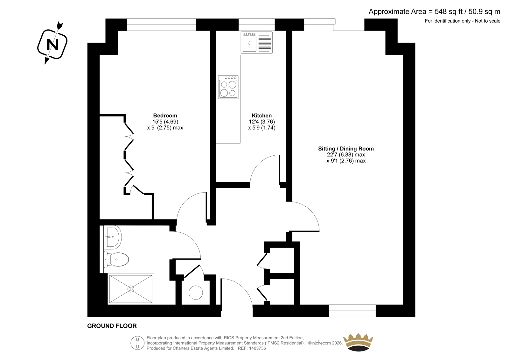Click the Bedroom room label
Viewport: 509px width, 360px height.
click(x=165, y=116)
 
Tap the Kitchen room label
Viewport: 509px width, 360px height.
click(x=262, y=116)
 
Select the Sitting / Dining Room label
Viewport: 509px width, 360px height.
click(x=346, y=149)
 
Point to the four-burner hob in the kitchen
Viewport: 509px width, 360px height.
click(x=228, y=87)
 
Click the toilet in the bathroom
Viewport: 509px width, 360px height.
click(x=116, y=259)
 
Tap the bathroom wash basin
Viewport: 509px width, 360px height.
click(x=113, y=237)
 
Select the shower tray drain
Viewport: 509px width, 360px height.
click(x=131, y=289)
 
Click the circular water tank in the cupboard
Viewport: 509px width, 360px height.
click(x=196, y=293)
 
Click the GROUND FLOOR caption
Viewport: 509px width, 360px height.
click(x=112, y=326)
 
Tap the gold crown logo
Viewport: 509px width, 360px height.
click(x=358, y=342)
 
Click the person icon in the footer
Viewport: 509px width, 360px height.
click(x=137, y=343)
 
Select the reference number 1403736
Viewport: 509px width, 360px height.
click(x=257, y=348)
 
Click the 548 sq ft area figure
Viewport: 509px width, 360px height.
click(x=449, y=11)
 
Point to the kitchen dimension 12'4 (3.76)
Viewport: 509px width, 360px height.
click(x=262, y=122)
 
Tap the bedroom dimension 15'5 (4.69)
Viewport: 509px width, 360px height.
click(x=165, y=122)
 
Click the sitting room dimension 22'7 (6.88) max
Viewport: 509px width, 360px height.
click(x=346, y=155)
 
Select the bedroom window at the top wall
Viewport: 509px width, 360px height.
click(x=161, y=25)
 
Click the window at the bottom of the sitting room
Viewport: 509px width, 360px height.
click(x=352, y=311)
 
